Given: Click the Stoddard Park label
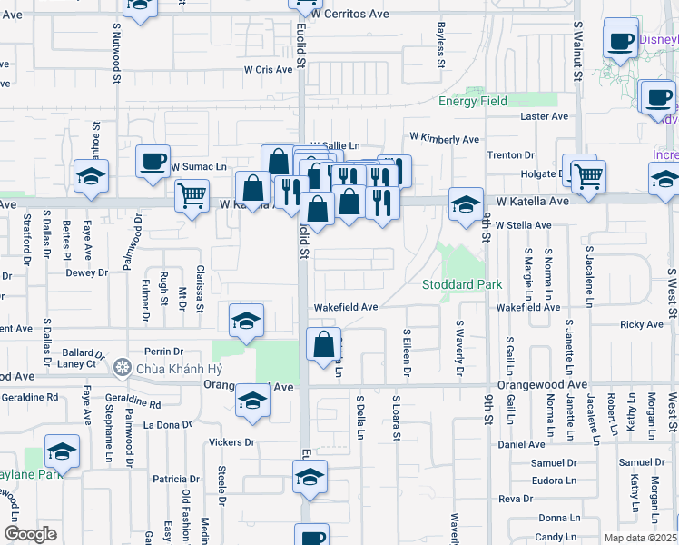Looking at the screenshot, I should [463, 285].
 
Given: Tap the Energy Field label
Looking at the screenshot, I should [473, 102].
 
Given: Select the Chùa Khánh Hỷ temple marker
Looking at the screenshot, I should [123, 368].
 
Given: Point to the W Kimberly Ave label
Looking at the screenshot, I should [444, 139].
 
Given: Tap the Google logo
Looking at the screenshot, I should [30, 534].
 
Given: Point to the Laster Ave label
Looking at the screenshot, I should [544, 116].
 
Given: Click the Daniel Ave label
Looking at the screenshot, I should [522, 444].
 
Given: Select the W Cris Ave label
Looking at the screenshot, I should [268, 70].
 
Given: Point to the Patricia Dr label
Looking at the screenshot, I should [176, 479].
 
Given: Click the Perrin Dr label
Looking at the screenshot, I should [163, 351].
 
